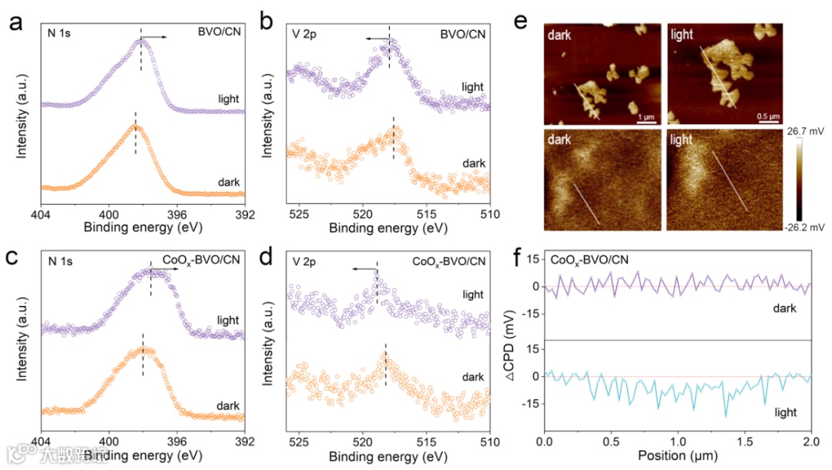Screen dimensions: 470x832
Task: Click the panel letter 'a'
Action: (14, 22)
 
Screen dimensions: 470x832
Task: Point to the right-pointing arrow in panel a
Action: (156, 36)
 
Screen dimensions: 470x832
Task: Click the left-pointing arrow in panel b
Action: (377, 37)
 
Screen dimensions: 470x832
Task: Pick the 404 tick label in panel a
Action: (41, 214)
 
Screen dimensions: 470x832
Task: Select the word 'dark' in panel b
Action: (473, 163)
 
